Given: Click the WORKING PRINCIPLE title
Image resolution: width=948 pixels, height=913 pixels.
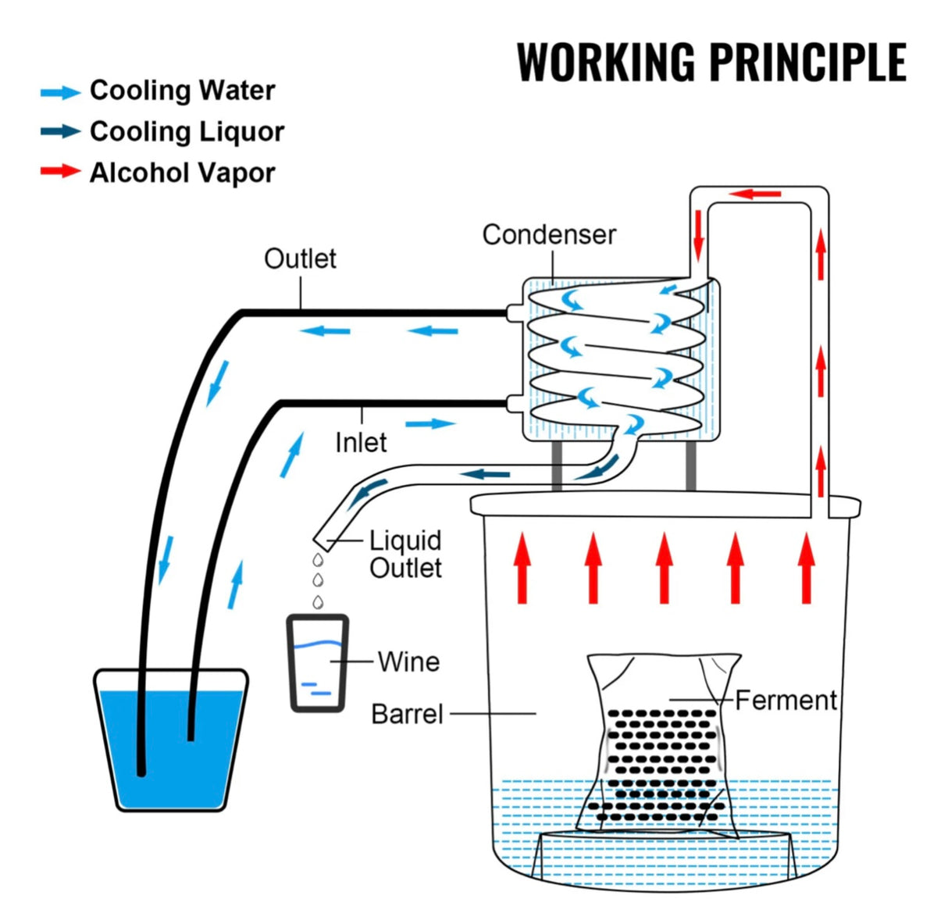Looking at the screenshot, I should [711, 62].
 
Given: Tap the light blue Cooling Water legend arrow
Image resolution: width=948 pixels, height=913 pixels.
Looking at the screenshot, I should [60, 92].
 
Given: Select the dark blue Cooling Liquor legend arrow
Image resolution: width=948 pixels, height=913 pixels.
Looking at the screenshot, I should [60, 131].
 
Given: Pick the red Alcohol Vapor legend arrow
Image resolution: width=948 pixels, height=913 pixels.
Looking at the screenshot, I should [60, 171].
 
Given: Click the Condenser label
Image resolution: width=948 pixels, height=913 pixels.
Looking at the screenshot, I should [549, 234].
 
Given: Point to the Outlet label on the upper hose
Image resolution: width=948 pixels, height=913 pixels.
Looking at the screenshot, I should [300, 259].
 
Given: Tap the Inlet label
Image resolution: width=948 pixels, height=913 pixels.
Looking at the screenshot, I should [361, 442].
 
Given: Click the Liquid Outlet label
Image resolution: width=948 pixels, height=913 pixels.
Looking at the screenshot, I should [405, 554].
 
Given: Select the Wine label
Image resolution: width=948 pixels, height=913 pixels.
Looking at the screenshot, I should [408, 662].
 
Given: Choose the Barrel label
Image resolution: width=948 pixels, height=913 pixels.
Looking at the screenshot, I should [407, 714].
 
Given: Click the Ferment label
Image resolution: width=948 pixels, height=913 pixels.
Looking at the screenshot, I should [786, 700].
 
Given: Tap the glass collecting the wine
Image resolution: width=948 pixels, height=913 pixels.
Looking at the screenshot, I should [317, 664].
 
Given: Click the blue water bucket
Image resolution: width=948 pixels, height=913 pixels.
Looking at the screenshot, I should [171, 742].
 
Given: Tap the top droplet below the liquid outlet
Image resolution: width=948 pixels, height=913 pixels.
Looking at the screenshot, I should [317, 560].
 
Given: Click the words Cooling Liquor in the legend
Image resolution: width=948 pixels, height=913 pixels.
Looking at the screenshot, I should [187, 131].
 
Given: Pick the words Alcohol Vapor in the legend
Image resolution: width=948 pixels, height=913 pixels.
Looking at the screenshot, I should [182, 172].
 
